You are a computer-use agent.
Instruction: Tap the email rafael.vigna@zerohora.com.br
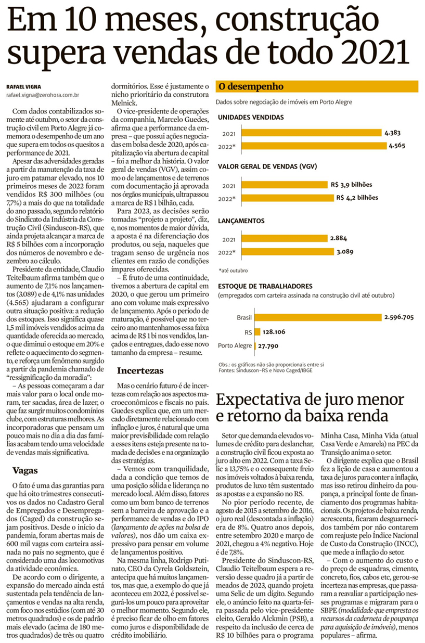pos(43,95)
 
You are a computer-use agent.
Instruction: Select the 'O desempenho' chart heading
pos(251,86)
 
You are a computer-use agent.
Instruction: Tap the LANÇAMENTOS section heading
pos(242,221)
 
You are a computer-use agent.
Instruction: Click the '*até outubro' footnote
pos(233,271)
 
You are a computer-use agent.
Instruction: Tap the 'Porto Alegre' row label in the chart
pos(235,345)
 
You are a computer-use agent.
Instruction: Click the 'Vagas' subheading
pos(25,470)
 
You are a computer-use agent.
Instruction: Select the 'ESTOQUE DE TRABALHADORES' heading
pos(265,286)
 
